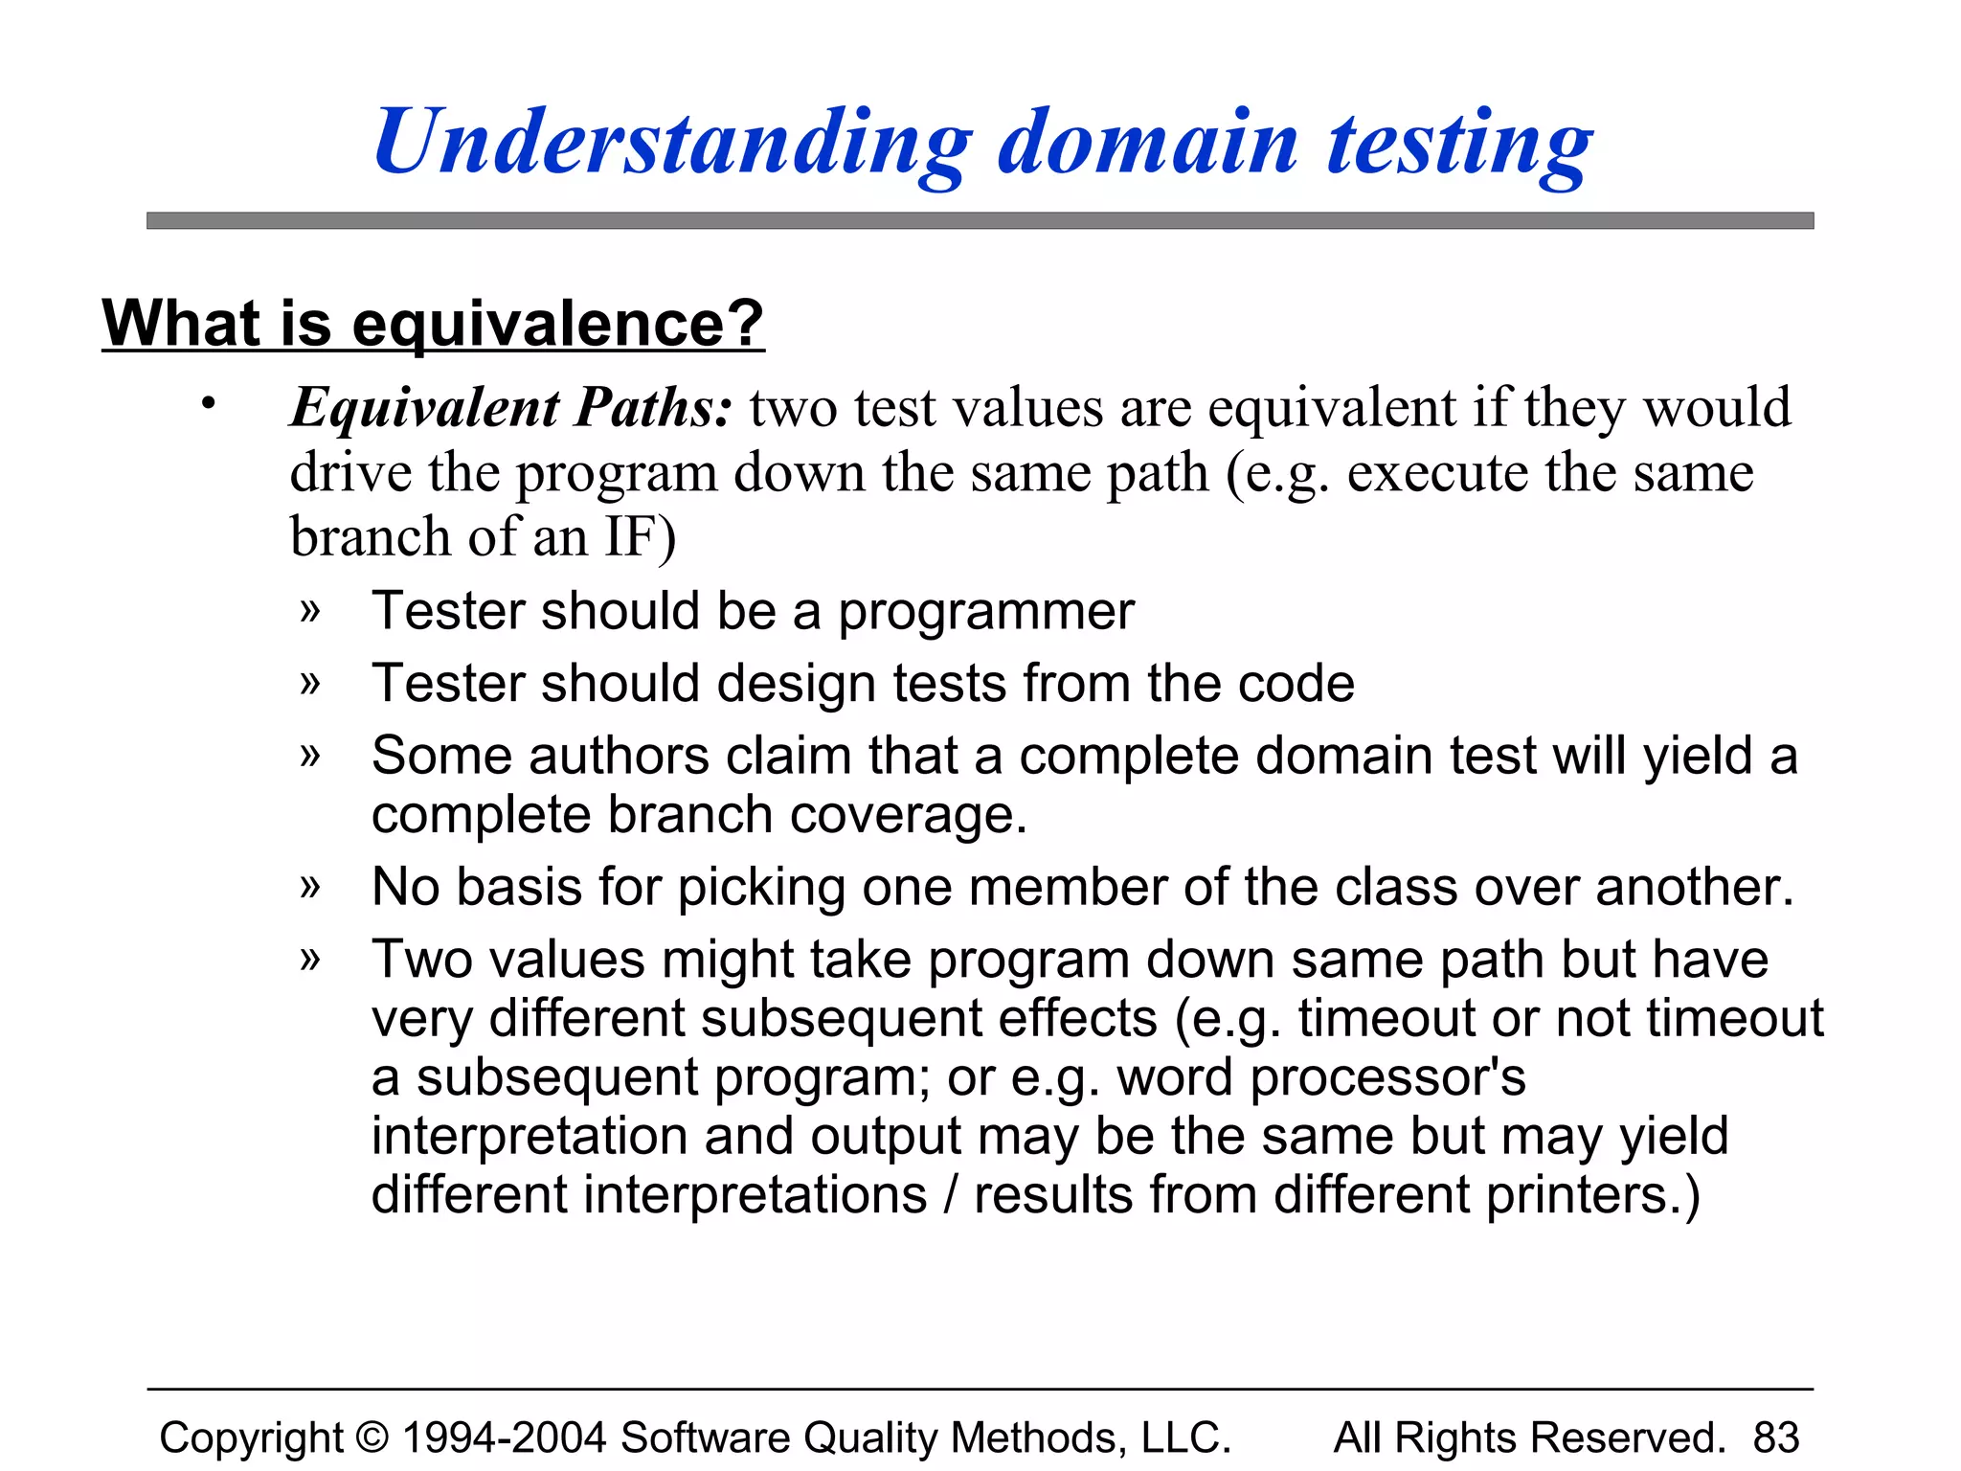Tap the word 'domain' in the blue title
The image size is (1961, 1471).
(x=1148, y=144)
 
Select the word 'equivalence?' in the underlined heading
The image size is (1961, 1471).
(x=558, y=324)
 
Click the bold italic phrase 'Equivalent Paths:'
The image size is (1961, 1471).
(x=512, y=408)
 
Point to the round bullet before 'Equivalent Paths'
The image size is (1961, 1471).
(x=208, y=403)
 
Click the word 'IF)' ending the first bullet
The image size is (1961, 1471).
(x=640, y=536)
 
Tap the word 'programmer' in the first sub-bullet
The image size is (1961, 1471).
(x=986, y=613)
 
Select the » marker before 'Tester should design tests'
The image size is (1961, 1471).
(x=309, y=684)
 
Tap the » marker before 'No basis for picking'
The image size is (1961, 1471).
(x=309, y=887)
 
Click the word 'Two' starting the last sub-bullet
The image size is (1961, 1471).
(x=421, y=960)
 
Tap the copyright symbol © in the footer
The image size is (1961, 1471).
(x=372, y=1437)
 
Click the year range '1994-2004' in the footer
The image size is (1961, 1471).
(x=504, y=1437)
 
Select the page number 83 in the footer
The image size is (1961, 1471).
(x=1776, y=1437)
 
